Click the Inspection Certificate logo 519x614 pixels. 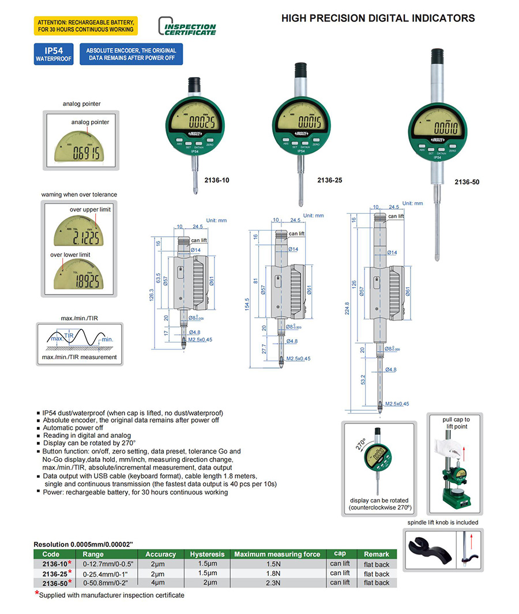coord(187,26)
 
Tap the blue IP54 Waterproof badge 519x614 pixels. coord(54,54)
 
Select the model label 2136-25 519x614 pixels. coord(329,180)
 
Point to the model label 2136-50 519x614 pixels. coord(467,182)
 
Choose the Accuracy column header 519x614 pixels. coord(160,554)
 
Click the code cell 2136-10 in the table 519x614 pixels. coord(54,564)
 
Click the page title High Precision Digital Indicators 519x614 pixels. coord(378,18)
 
